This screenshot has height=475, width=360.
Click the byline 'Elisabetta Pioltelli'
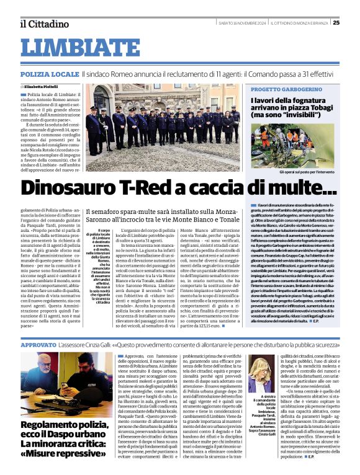tap(45, 87)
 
